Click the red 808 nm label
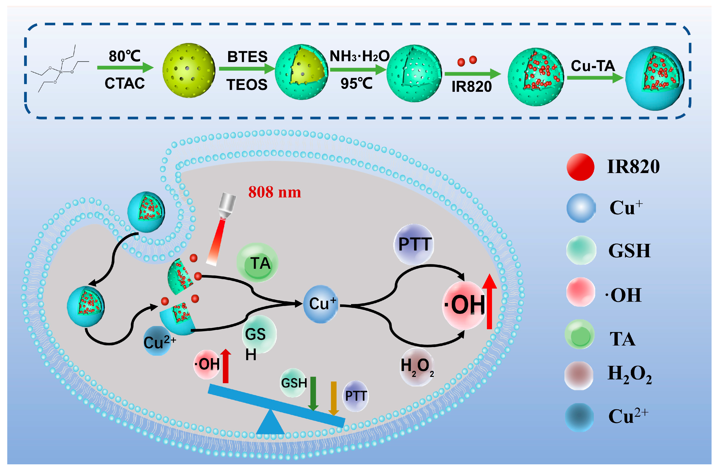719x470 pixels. point(274,192)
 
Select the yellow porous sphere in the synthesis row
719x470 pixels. point(188,70)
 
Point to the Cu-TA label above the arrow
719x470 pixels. point(593,66)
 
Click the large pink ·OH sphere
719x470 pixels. point(464,305)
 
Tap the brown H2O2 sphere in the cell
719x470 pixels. point(417,366)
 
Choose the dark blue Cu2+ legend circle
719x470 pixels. point(579,417)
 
